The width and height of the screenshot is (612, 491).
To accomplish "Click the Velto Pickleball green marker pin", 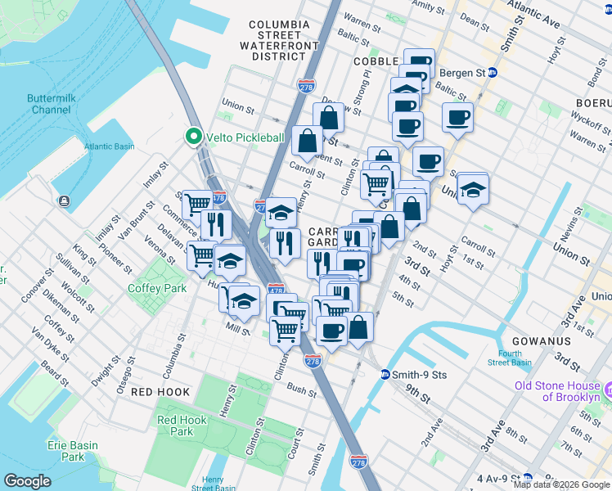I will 195,137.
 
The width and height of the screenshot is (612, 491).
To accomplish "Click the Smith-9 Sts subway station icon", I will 385,375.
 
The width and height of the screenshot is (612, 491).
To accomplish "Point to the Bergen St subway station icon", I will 493,72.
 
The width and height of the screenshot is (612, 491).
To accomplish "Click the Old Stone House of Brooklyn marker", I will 607,385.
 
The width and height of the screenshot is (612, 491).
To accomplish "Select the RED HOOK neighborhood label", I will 160,392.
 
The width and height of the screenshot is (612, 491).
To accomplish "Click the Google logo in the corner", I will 27,481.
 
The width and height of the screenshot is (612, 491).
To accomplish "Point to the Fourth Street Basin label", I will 510,358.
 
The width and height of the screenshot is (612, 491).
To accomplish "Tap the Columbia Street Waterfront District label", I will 279,40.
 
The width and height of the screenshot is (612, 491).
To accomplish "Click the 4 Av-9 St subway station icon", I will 528,477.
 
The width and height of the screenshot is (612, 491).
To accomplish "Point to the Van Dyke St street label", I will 46,342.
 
